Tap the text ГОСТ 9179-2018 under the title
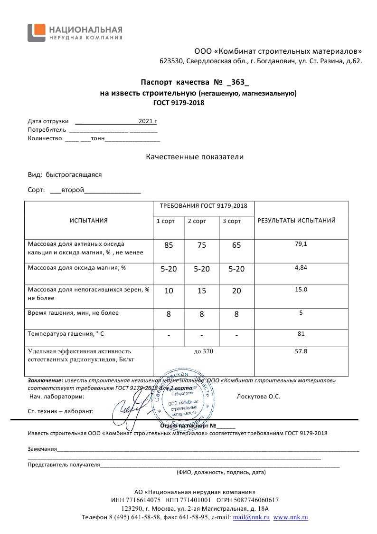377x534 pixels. click(x=179, y=102)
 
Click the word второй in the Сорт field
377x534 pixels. click(x=73, y=190)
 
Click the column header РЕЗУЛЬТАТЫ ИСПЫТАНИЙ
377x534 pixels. click(x=296, y=221)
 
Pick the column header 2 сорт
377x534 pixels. click(x=197, y=221)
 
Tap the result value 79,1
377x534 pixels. click(x=301, y=244)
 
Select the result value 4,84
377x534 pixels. click(x=301, y=268)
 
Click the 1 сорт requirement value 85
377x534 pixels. click(x=169, y=245)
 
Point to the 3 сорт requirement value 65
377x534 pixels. click(x=236, y=245)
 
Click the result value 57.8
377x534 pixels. click(x=301, y=351)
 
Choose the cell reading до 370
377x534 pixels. click(x=203, y=351)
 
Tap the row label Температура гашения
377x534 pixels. click(x=66, y=334)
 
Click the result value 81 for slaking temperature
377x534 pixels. click(x=301, y=334)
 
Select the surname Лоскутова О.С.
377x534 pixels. click(x=258, y=396)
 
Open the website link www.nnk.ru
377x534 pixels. click(x=291, y=517)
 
